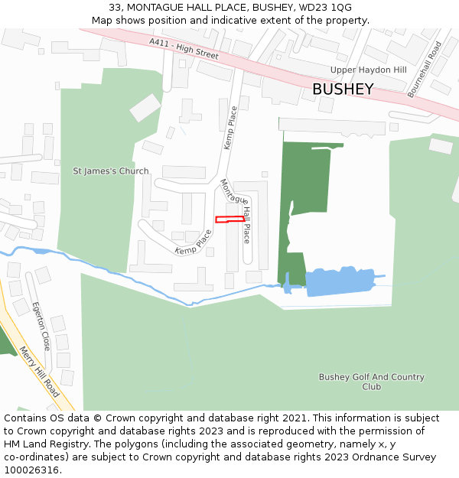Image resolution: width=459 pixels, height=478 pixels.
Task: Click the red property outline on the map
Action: pyautogui.click(x=229, y=219)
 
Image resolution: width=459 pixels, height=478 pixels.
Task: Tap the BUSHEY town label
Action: pyautogui.click(x=343, y=89)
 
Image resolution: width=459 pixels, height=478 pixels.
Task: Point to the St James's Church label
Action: pyautogui.click(x=111, y=171)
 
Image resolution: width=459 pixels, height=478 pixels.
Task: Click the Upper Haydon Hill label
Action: pyautogui.click(x=368, y=70)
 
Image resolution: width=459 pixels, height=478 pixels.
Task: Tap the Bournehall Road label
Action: pyautogui.click(x=425, y=69)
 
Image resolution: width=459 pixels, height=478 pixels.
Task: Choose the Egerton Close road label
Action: pyautogui.click(x=41, y=326)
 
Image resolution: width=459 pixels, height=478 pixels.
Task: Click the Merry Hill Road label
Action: pyautogui.click(x=39, y=372)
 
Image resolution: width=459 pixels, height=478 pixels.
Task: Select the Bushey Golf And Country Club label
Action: pyautogui.click(x=371, y=382)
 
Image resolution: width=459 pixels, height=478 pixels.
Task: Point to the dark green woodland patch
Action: pyautogui.click(x=306, y=191)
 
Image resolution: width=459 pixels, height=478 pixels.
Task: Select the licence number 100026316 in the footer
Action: pyautogui.click(x=32, y=470)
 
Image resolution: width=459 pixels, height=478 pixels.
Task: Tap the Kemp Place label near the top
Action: pyautogui.click(x=229, y=128)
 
